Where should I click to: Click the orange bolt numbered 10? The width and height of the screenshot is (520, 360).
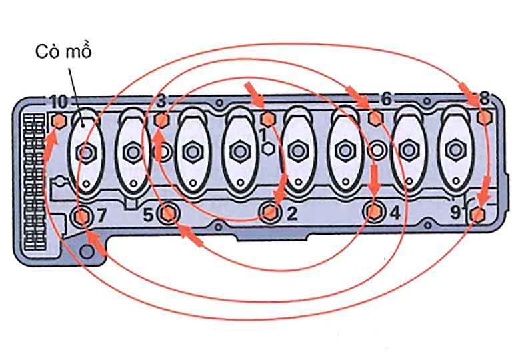coord(59,121)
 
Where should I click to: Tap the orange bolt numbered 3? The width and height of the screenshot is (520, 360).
coord(161,120)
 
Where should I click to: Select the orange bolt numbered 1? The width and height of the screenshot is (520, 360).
coord(267,119)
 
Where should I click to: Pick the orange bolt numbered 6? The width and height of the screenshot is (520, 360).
coord(375,119)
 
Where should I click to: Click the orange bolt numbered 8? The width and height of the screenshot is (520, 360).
coord(484,117)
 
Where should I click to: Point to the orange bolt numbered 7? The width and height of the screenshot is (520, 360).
coord(82,217)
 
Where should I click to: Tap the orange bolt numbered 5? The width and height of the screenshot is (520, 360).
coord(168,213)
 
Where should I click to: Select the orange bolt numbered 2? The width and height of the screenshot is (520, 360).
coord(270,211)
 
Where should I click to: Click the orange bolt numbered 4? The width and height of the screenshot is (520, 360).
coord(374,211)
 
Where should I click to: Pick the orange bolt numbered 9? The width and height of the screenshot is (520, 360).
coord(477,214)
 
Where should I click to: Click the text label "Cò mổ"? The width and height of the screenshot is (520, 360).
coord(63,51)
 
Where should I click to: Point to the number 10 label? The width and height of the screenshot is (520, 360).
coord(59,102)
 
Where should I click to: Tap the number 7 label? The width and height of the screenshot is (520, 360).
coord(102,215)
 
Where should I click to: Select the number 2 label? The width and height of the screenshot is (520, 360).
coord(291,214)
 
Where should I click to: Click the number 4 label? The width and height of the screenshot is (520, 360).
coord(395,213)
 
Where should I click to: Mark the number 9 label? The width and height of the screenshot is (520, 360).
coord(455,213)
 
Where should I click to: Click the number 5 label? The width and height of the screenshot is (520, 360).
coord(148,215)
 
